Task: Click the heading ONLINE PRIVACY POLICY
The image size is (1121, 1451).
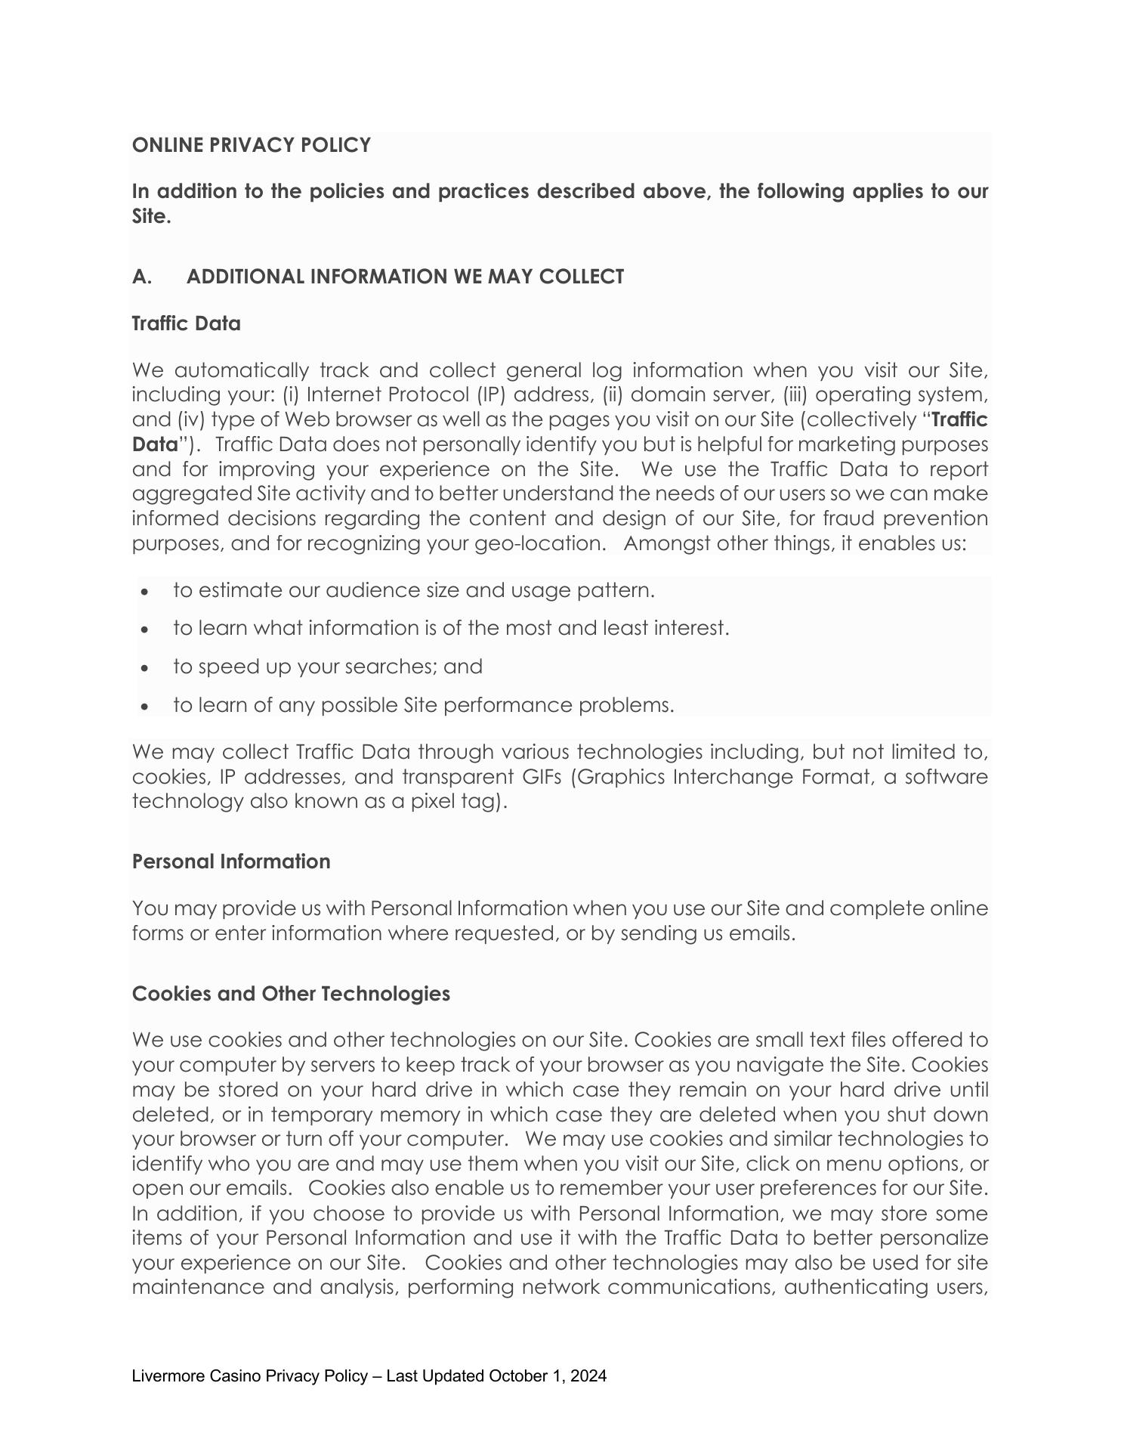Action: (251, 145)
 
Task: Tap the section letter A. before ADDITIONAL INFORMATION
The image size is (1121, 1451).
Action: (141, 277)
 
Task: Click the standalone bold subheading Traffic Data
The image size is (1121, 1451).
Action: (186, 323)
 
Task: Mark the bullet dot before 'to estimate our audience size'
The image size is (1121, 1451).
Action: (145, 592)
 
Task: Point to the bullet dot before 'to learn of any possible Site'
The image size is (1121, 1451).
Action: (145, 707)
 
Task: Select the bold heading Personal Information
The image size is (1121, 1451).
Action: (231, 862)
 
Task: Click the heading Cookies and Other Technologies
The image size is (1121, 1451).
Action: (291, 994)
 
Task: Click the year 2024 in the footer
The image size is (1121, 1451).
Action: (589, 1376)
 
